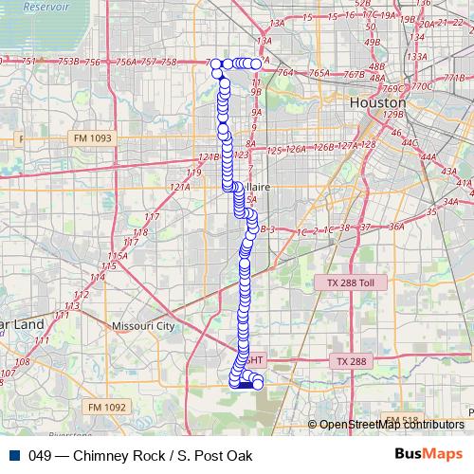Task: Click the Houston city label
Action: [x=376, y=101]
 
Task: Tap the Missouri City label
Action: [x=143, y=325]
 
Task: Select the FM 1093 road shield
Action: [x=92, y=138]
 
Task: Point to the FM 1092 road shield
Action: [x=106, y=406]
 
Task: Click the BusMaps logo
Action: [x=429, y=455]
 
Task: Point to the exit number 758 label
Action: [x=169, y=63]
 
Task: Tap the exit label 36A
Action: [x=395, y=228]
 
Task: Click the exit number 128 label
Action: [x=369, y=145]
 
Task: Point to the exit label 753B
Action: [x=68, y=62]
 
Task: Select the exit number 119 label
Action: [x=194, y=173]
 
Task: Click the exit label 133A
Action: [x=414, y=56]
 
